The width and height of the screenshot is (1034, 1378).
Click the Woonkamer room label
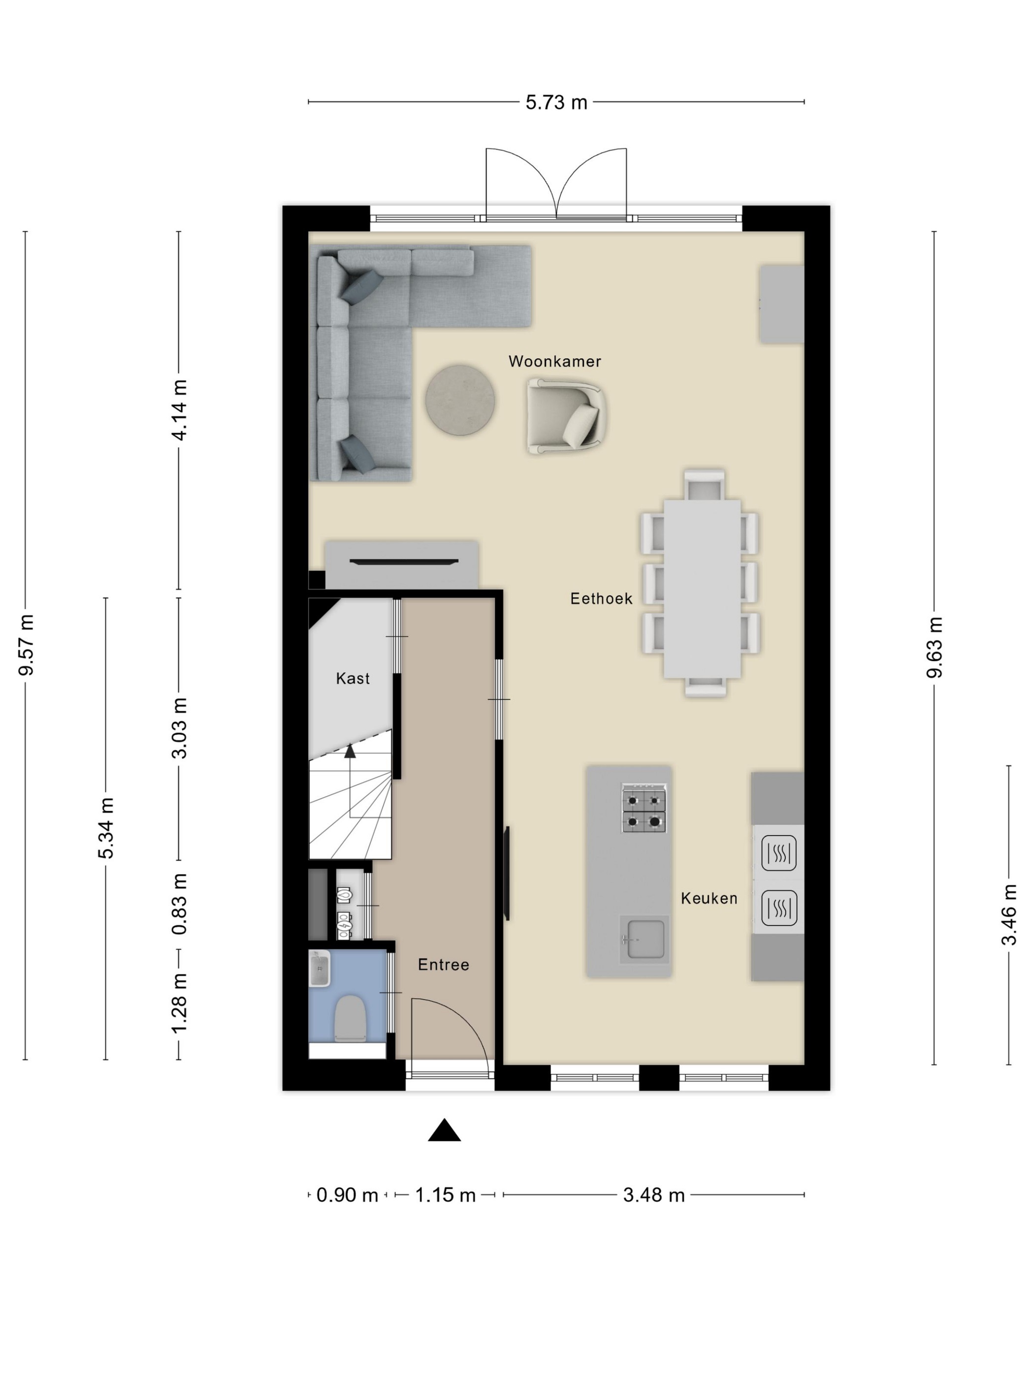point(554,361)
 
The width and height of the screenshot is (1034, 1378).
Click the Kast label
point(353,678)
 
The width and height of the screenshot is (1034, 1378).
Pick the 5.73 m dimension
point(556,102)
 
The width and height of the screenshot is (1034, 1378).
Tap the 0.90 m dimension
point(347,1195)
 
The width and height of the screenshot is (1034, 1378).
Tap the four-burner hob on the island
point(644,809)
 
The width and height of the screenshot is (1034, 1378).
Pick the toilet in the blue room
point(350,1019)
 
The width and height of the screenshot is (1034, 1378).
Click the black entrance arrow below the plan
point(445,1129)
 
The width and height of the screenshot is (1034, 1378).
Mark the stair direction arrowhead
point(350,752)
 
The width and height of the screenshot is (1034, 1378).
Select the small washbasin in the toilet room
point(319,969)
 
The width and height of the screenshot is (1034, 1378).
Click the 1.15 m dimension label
point(445,1195)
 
